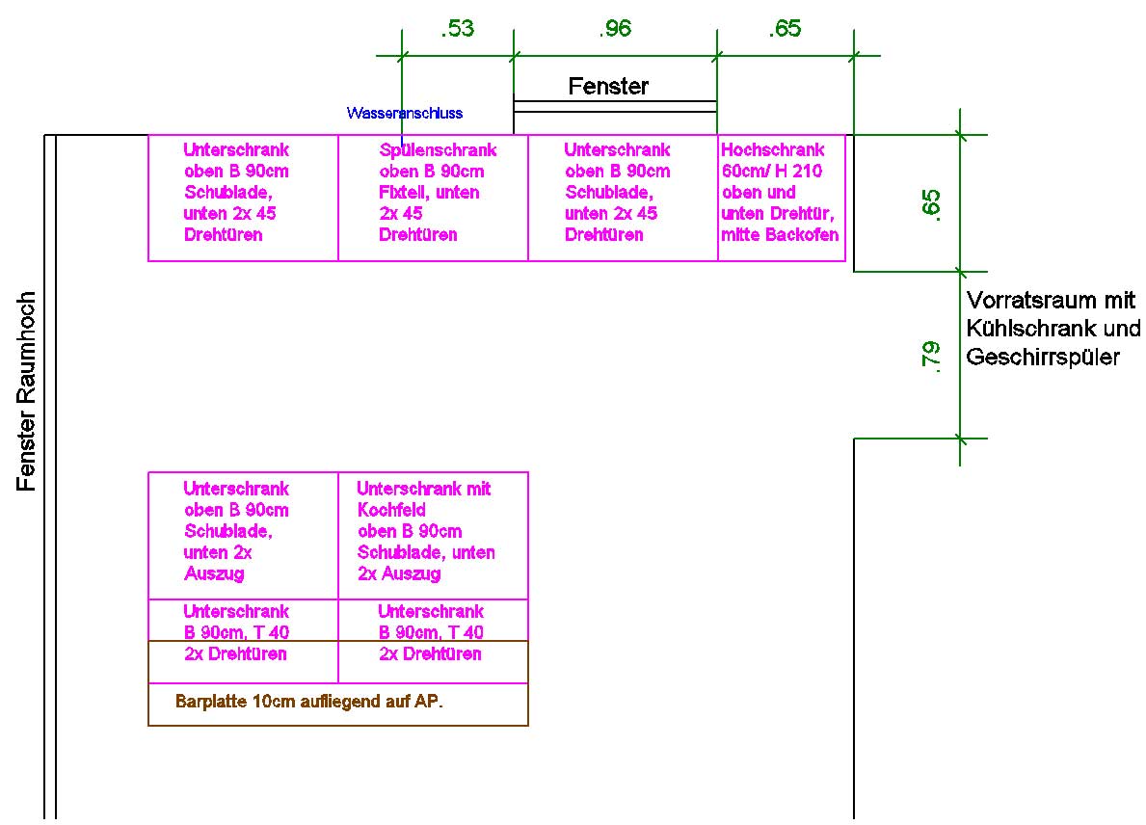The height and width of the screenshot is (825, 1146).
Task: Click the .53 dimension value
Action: [457, 29]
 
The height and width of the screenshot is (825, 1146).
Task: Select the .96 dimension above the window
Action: [614, 29]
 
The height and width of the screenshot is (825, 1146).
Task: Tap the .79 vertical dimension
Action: [931, 355]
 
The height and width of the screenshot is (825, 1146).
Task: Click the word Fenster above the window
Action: [608, 87]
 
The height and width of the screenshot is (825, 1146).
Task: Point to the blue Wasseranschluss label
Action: [405, 113]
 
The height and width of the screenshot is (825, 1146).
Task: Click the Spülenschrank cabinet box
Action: [433, 198]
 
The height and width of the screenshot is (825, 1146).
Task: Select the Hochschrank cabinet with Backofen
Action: [781, 198]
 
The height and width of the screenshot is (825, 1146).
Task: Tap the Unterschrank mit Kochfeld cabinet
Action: [433, 535]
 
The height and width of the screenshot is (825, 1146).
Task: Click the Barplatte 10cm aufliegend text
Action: [308, 702]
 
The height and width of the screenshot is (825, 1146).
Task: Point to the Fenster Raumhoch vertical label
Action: [27, 391]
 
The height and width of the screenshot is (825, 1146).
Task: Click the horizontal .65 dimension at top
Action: [785, 29]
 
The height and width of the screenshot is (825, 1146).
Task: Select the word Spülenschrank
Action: [438, 150]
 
